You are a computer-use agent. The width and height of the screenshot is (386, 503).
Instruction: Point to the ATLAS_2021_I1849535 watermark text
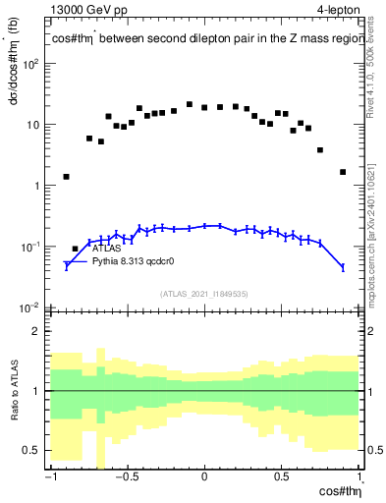tap(203, 293)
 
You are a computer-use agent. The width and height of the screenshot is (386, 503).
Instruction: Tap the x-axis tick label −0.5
tap(125, 479)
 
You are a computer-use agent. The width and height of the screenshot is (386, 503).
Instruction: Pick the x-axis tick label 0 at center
tap(204, 479)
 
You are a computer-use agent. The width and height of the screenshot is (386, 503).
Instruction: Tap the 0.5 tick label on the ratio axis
tap(32, 450)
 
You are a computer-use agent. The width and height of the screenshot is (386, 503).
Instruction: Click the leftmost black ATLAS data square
tap(67, 177)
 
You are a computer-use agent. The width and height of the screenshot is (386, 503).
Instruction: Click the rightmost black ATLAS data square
tap(343, 172)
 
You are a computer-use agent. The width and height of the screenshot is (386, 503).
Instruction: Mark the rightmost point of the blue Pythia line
tap(343, 267)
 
